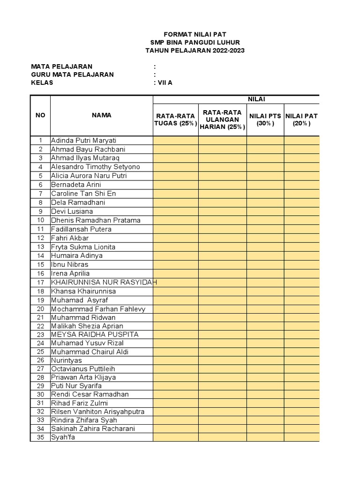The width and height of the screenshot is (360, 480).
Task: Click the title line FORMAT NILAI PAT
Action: pos(195,35)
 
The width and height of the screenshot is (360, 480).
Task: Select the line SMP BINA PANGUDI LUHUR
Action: pos(195,43)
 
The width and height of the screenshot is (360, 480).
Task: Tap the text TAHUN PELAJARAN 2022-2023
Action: pos(195,51)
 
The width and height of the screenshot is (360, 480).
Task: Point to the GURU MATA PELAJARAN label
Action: pos(72,75)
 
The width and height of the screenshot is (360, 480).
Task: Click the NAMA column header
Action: pos(101,115)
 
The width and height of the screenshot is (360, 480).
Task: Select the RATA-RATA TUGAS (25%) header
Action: pos(176,120)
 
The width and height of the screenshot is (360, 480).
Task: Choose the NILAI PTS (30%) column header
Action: pos(265,120)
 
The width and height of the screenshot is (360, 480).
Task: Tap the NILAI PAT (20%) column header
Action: pos(301,120)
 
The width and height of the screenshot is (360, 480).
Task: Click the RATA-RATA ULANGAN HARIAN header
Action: pos(223,120)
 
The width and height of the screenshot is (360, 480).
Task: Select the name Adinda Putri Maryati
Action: pos(84,141)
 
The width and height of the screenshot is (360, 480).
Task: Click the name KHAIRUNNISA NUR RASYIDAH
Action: pos(104,282)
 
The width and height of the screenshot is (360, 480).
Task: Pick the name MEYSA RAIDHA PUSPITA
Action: pos(95,335)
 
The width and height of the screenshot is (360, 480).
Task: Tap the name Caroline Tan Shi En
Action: pos(83,194)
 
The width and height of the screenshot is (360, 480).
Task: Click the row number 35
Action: pos(40,438)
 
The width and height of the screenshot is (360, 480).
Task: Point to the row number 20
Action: pos(40,309)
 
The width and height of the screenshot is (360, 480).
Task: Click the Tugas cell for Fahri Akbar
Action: pos(176,238)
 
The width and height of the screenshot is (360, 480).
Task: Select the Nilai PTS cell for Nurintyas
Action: pos(265,360)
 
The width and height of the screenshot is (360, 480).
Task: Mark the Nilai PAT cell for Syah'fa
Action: pos(301,438)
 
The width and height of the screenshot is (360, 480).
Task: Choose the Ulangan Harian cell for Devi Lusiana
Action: pos(223,211)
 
